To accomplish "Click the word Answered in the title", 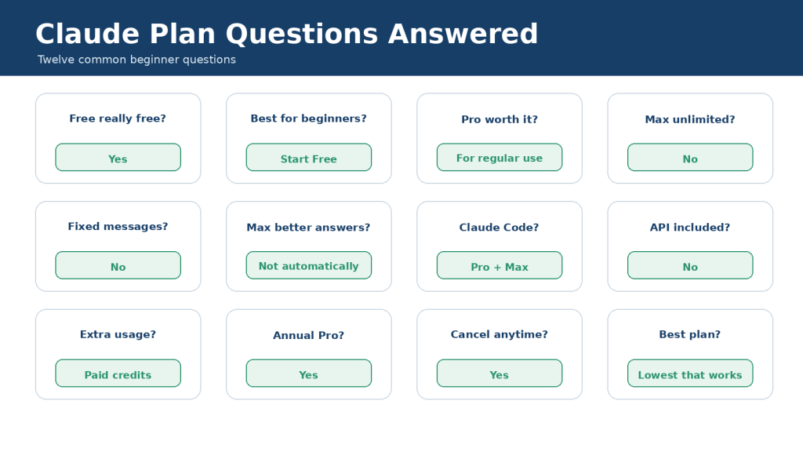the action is coord(463,34).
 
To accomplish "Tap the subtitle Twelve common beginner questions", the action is coord(136,60).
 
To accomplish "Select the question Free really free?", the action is coord(118,118).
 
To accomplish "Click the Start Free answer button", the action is coord(309,157).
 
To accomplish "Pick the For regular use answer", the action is coord(500,157).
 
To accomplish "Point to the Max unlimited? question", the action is coord(690,119).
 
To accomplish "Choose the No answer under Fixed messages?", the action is coord(118,265).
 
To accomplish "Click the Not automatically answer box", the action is coord(309,265).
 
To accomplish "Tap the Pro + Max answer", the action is coord(500,265).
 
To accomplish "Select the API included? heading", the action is coord(690,227).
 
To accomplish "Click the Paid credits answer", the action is coord(118,373).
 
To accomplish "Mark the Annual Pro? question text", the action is coord(309,335).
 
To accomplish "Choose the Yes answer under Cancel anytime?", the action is coord(500,373).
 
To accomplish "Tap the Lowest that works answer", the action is coord(690,373).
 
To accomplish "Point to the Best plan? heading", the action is coord(690,334).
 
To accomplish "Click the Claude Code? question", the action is coord(500,227).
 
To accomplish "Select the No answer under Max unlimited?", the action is coord(690,157).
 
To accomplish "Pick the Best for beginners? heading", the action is coord(309,118).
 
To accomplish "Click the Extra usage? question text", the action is coord(118,334).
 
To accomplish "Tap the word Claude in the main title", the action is coord(88,34).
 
